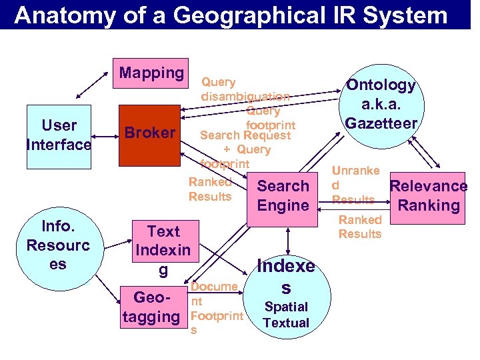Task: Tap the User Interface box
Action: click(59, 135)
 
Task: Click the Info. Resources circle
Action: click(57, 245)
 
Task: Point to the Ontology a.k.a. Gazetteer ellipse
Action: click(381, 104)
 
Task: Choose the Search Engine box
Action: click(283, 195)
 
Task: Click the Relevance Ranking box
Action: click(428, 196)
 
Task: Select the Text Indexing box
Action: click(163, 251)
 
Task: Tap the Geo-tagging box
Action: click(152, 307)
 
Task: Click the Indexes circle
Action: click(286, 294)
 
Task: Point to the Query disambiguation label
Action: click(244, 89)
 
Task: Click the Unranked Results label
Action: click(355, 185)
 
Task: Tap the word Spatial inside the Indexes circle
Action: click(286, 307)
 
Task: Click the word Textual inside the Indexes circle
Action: click(286, 323)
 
